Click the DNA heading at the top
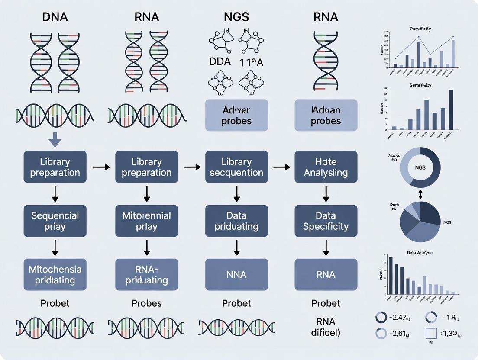tap(55, 17)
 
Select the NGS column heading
tap(236, 17)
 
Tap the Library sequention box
tap(237, 167)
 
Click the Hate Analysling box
tap(326, 167)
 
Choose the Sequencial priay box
tap(55, 221)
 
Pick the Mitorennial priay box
tap(147, 221)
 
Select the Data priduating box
tap(237, 221)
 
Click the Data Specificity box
tap(326, 221)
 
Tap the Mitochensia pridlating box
tap(55, 274)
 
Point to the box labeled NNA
tap(237, 274)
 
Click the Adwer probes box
tap(237, 115)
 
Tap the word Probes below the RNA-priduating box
tap(147, 303)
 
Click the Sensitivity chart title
tap(420, 85)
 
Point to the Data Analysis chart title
tap(420, 252)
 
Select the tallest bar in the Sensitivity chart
tap(451, 109)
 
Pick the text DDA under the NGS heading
tap(220, 61)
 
